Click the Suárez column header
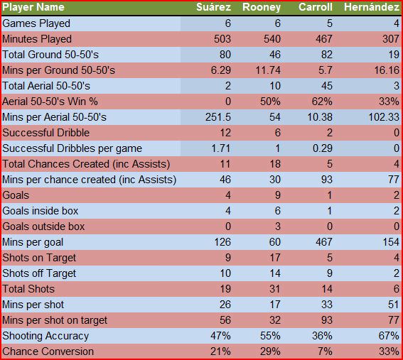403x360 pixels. (x=213, y=7)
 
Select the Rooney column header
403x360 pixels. (x=262, y=7)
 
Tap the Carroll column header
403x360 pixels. (x=316, y=7)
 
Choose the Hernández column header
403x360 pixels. (x=372, y=7)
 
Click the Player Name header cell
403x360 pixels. (x=33, y=7)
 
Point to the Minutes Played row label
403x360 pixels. (x=37, y=39)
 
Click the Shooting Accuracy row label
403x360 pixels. (x=45, y=336)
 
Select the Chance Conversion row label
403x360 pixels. (x=48, y=351)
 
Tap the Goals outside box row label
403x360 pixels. (x=43, y=227)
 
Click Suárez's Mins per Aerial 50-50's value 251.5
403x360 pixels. (x=218, y=117)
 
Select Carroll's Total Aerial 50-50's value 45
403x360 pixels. (x=327, y=86)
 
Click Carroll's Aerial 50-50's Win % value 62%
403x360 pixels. (x=322, y=102)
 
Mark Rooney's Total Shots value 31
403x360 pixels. (x=275, y=289)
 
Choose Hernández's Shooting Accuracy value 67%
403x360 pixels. (x=389, y=336)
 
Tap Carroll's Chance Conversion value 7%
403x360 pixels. (x=325, y=351)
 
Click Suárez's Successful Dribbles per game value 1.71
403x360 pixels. (x=221, y=148)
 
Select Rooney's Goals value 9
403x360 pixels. (x=278, y=195)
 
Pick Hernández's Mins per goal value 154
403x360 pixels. (x=391, y=242)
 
